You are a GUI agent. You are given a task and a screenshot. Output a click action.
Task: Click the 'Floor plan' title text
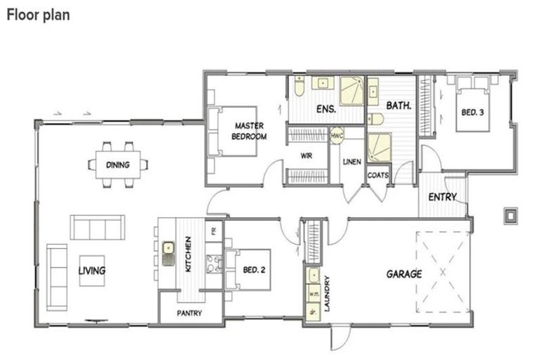tap(39, 14)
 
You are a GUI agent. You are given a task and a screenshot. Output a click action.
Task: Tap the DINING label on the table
tap(117, 165)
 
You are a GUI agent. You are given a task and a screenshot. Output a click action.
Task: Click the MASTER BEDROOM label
tap(249, 131)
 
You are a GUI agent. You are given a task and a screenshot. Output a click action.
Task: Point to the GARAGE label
tap(404, 274)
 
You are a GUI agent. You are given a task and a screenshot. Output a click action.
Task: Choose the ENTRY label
tap(442, 197)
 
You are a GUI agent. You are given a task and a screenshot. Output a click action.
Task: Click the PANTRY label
tap(189, 313)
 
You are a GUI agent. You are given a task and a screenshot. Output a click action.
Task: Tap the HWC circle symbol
tap(337, 135)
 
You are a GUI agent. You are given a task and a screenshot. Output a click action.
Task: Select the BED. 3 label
tap(472, 112)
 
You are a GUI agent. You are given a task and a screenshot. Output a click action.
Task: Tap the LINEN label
tap(352, 162)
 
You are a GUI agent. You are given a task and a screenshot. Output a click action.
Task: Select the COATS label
tap(378, 175)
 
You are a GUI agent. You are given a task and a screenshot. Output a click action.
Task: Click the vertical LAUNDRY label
tap(327, 294)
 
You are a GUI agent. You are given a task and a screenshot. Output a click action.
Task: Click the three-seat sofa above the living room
tap(97, 227)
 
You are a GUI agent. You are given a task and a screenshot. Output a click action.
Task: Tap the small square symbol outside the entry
tap(510, 214)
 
